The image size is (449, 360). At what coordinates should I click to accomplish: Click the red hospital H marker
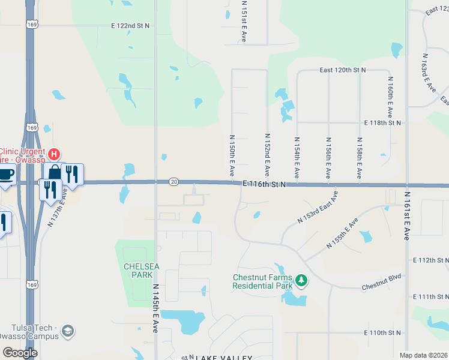[55, 154]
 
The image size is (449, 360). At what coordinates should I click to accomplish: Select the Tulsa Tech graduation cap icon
[68, 331]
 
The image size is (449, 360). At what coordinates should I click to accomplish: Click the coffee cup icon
[5, 175]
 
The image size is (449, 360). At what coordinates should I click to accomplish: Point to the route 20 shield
[173, 181]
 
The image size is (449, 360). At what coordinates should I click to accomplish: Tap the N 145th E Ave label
[155, 309]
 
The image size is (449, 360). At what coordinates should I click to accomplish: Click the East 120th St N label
[343, 70]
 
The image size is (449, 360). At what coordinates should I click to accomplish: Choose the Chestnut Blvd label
[381, 287]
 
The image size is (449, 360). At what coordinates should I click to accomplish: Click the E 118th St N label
[382, 122]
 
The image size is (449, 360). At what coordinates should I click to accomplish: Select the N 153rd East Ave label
[318, 208]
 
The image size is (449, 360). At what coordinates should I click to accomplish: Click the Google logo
[20, 353]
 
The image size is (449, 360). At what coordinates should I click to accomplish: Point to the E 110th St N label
[382, 332]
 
